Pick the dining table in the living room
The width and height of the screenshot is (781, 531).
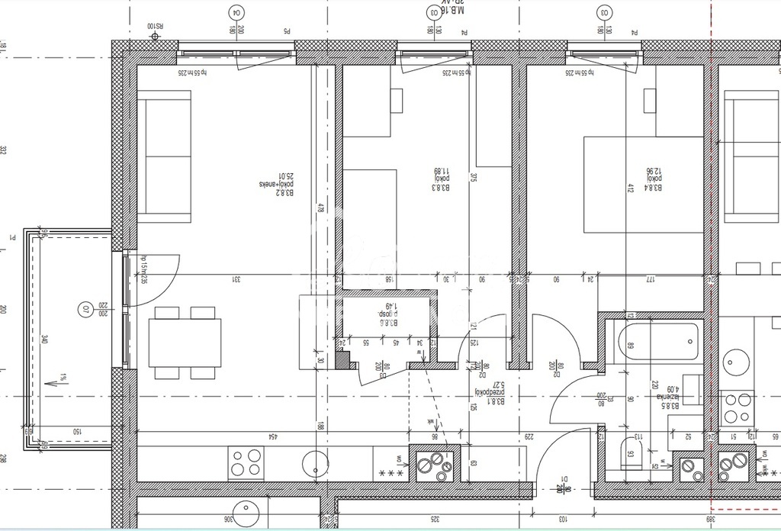(x=185, y=343)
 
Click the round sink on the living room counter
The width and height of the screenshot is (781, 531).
(x=314, y=462)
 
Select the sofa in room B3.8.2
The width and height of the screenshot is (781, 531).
(x=163, y=156)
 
